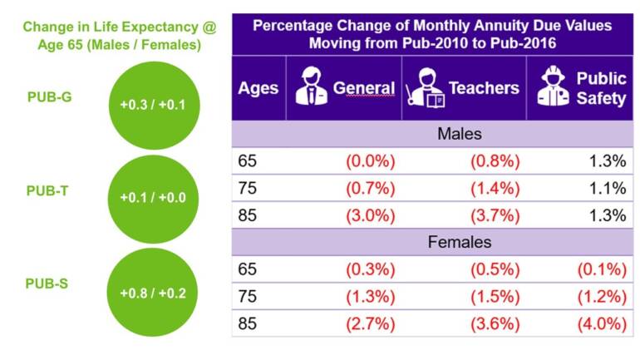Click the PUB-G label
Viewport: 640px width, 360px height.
(49, 97)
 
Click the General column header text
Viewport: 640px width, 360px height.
(363, 88)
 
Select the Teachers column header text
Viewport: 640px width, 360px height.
(484, 88)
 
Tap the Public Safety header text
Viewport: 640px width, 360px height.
(601, 88)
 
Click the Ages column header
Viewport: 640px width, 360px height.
(258, 88)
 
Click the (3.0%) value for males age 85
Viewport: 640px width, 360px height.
(372, 215)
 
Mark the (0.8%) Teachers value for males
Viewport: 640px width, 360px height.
(495, 161)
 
